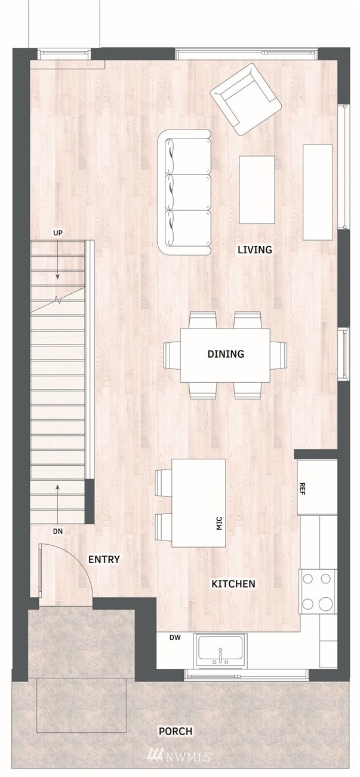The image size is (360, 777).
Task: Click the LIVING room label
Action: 254,250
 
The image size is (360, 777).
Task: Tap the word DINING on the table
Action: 226,354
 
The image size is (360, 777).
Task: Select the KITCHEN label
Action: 233,583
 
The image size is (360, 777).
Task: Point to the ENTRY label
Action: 104,560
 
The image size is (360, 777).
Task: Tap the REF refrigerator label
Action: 302,489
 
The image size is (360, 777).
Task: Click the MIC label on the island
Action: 219,524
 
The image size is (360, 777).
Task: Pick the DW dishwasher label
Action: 175,638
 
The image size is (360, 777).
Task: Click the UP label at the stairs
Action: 57,233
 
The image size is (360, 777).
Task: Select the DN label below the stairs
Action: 58,531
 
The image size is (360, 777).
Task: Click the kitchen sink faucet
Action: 220,654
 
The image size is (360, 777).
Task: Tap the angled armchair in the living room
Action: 245,100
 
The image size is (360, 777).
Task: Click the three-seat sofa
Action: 184,193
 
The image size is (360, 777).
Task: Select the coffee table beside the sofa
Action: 257,190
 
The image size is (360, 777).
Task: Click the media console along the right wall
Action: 318,192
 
